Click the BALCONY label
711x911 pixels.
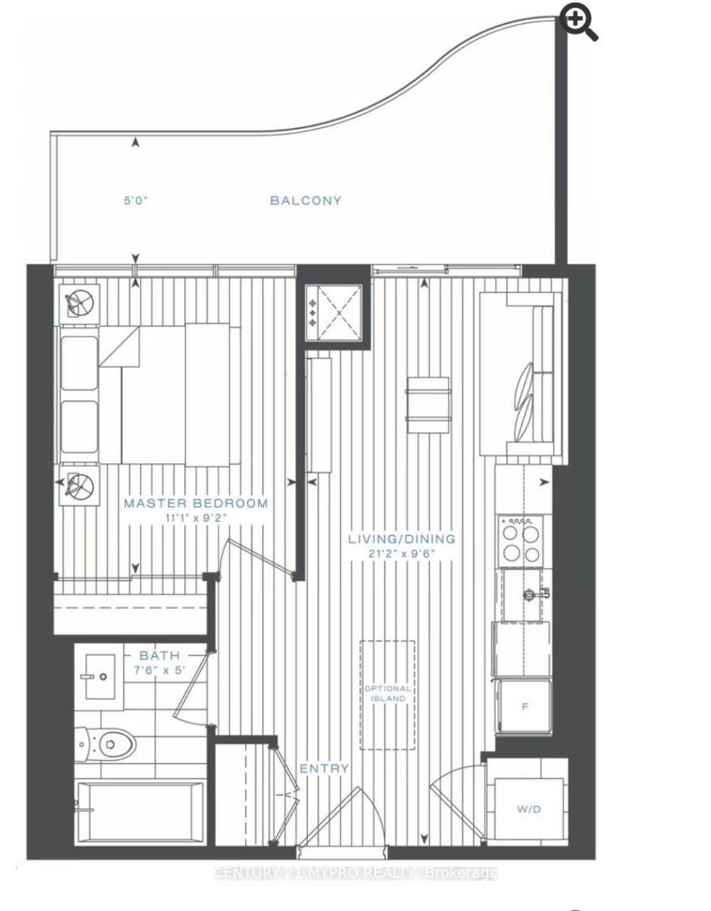(x=306, y=201)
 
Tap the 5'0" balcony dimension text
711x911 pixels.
(x=136, y=201)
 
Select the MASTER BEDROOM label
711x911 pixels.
(x=196, y=503)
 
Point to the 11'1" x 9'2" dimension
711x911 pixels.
(x=196, y=518)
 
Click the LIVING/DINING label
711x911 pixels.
(x=402, y=538)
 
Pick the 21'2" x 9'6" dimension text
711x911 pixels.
(x=402, y=554)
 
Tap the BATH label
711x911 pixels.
(x=159, y=655)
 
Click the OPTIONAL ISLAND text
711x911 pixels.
(x=388, y=693)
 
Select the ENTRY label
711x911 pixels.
(x=325, y=769)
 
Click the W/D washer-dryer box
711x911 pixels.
(x=528, y=809)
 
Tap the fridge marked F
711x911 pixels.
(x=524, y=707)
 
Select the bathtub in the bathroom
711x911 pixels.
(x=140, y=811)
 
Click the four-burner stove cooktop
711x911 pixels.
(x=520, y=541)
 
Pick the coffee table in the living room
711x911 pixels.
(x=428, y=404)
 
